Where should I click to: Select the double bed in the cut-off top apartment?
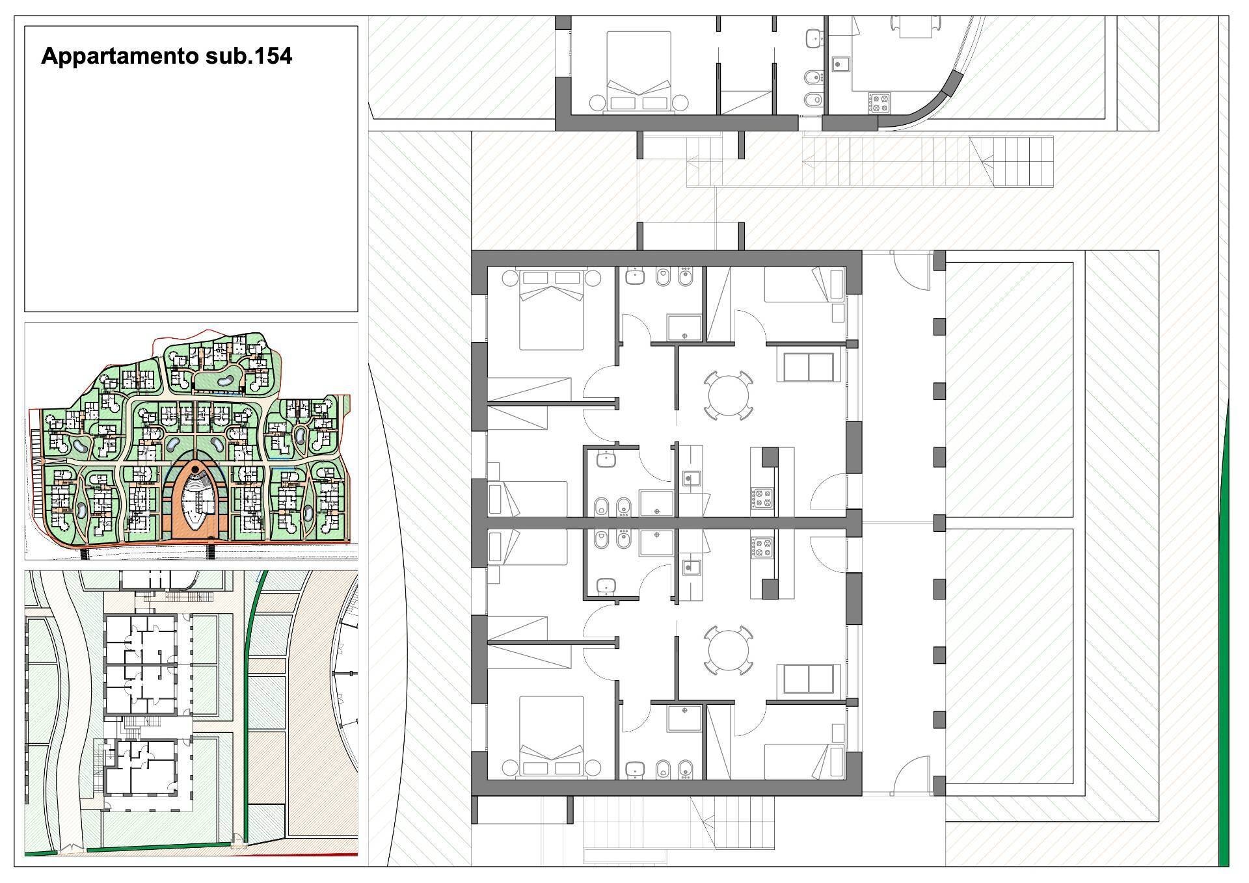tap(638, 72)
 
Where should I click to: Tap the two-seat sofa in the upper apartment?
tap(808, 367)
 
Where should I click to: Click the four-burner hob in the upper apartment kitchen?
tap(762, 498)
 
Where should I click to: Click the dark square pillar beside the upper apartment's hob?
tap(770, 457)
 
